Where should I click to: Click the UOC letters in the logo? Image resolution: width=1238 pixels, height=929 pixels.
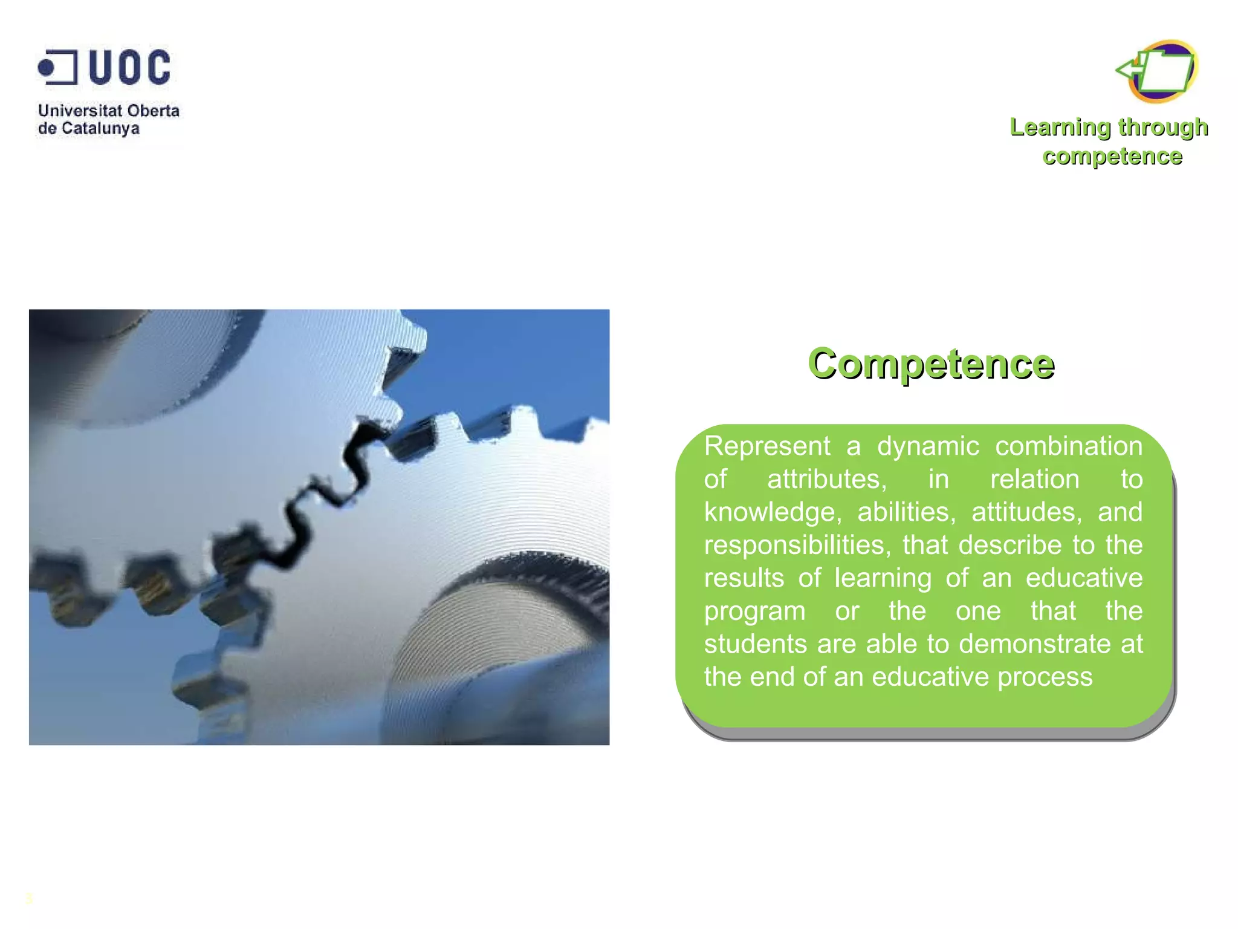click(130, 67)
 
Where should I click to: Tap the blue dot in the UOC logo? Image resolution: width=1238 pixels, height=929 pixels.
click(46, 67)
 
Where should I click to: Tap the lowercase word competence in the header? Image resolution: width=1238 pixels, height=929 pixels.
click(1112, 156)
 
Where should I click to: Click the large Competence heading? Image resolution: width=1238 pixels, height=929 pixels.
click(931, 363)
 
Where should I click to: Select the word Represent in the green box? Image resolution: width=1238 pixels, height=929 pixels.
click(767, 446)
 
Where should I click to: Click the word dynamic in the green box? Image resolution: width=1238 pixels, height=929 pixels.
click(928, 446)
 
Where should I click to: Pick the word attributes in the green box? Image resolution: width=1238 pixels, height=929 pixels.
click(826, 480)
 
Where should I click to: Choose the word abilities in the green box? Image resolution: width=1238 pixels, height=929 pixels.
click(906, 512)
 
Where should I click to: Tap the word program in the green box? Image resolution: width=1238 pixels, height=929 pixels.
click(754, 611)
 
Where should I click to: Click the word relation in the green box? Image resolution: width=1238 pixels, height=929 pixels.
click(1034, 480)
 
